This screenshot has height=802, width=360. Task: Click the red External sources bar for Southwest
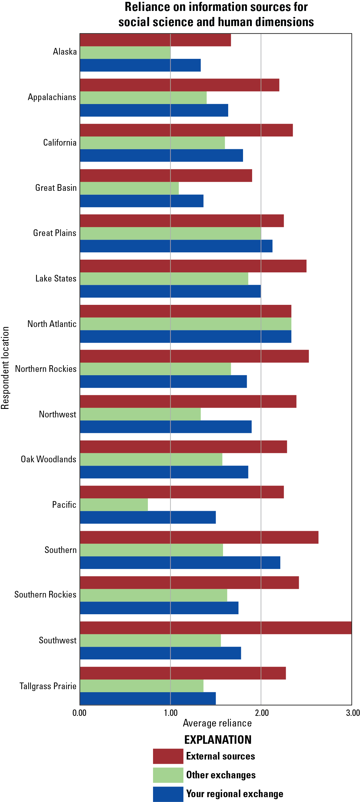click(x=216, y=628)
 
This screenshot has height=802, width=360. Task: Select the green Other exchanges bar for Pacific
click(x=114, y=505)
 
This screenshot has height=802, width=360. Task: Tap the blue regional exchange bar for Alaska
click(x=140, y=65)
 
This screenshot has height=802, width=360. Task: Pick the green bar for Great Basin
click(x=129, y=188)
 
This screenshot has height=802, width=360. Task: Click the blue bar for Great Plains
click(x=176, y=246)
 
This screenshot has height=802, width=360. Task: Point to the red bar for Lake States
click(x=193, y=266)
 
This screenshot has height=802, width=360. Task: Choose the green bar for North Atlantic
click(x=186, y=324)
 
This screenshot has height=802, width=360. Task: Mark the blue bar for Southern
click(x=180, y=563)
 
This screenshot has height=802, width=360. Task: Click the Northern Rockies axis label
click(x=46, y=369)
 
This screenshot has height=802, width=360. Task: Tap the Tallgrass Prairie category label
click(x=48, y=686)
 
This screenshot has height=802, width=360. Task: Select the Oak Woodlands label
click(x=48, y=459)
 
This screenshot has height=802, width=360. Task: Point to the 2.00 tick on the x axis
click(x=262, y=713)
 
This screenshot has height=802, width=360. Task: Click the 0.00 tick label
click(x=79, y=713)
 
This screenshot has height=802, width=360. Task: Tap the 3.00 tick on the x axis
click(x=352, y=713)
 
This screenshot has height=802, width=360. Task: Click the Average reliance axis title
click(x=217, y=723)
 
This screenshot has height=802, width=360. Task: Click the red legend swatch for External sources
click(x=168, y=756)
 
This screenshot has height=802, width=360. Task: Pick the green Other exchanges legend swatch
click(x=168, y=775)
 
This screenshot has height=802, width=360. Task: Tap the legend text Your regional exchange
click(x=235, y=794)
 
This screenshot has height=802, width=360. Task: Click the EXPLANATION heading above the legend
click(x=218, y=740)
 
